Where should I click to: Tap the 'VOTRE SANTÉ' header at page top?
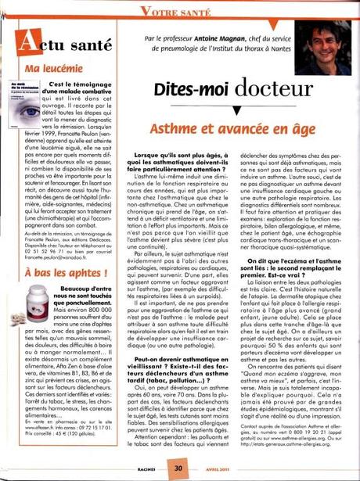[180, 9]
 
